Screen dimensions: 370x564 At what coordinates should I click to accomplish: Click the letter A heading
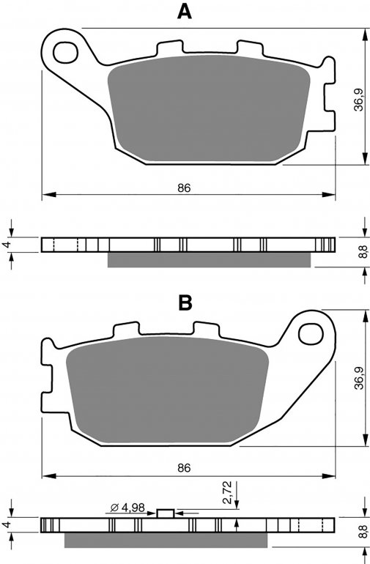tap(185, 12)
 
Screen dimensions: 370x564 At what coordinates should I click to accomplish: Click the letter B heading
tap(185, 303)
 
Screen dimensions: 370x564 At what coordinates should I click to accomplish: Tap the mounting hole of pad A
tap(65, 53)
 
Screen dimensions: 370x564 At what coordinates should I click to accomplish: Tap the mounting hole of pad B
tap(311, 334)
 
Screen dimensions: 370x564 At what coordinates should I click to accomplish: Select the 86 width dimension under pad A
tap(184, 188)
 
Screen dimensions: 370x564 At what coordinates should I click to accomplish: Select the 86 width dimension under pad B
tap(184, 468)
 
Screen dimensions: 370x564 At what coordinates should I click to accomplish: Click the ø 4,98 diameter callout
tap(127, 508)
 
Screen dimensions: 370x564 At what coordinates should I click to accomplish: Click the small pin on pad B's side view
tap(166, 513)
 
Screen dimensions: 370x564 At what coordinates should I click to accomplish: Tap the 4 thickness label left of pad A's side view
tap(6, 245)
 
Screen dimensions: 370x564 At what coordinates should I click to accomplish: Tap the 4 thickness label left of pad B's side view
tap(6, 524)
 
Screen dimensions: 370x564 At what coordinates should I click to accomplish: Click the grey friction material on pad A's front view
tap(209, 108)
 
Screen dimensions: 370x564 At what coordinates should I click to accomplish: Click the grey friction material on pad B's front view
tap(167, 389)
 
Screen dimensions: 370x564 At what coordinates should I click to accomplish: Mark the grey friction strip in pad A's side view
tap(209, 260)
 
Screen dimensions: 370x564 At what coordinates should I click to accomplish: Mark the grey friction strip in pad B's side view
tap(166, 540)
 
